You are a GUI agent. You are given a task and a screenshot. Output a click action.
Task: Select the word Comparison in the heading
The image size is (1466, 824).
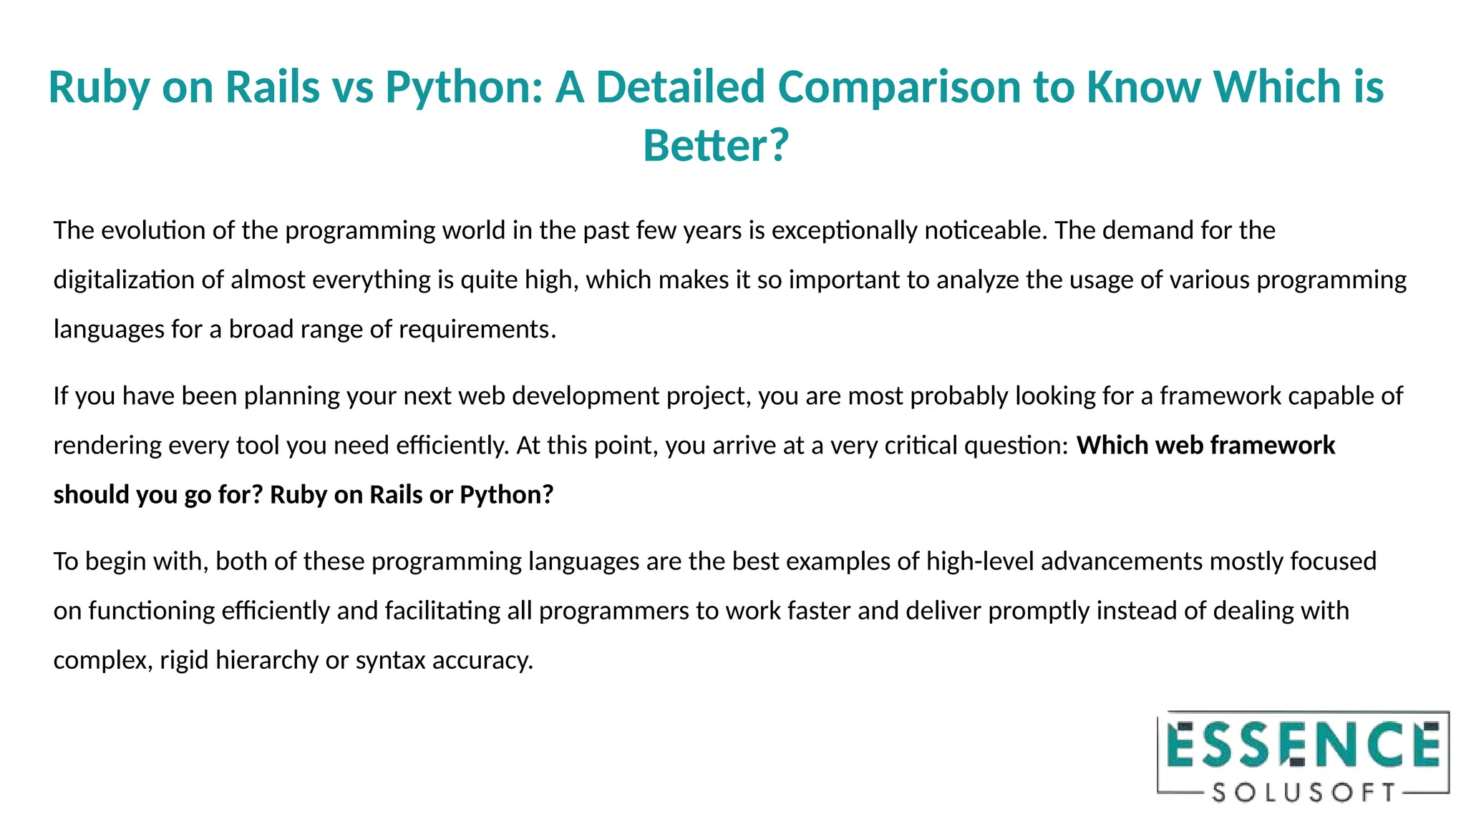click(898, 87)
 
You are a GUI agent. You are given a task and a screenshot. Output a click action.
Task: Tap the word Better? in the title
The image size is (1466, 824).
click(715, 145)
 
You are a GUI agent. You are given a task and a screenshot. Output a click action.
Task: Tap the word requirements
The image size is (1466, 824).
click(476, 329)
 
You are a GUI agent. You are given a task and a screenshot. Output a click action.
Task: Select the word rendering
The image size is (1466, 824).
click(107, 445)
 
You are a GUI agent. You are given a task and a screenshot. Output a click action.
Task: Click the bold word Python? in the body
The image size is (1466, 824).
click(506, 494)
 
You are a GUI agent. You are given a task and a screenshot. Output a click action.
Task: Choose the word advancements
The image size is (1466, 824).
click(1122, 561)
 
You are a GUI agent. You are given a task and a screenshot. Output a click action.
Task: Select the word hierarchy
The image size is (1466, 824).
click(266, 659)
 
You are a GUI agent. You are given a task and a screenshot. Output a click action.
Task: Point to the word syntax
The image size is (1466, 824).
click(391, 659)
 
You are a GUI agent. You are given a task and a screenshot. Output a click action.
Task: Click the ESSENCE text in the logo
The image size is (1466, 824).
click(1303, 745)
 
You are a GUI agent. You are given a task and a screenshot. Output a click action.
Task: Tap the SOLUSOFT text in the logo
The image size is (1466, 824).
click(1303, 793)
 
